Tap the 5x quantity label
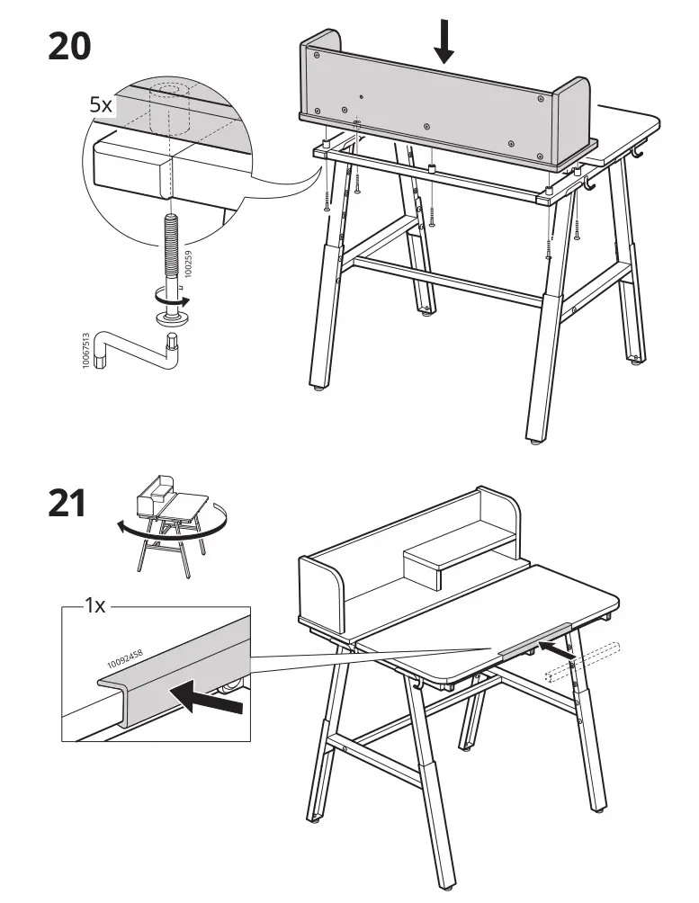[x=101, y=105]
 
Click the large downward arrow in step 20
[x=443, y=42]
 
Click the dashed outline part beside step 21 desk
[x=584, y=660]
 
